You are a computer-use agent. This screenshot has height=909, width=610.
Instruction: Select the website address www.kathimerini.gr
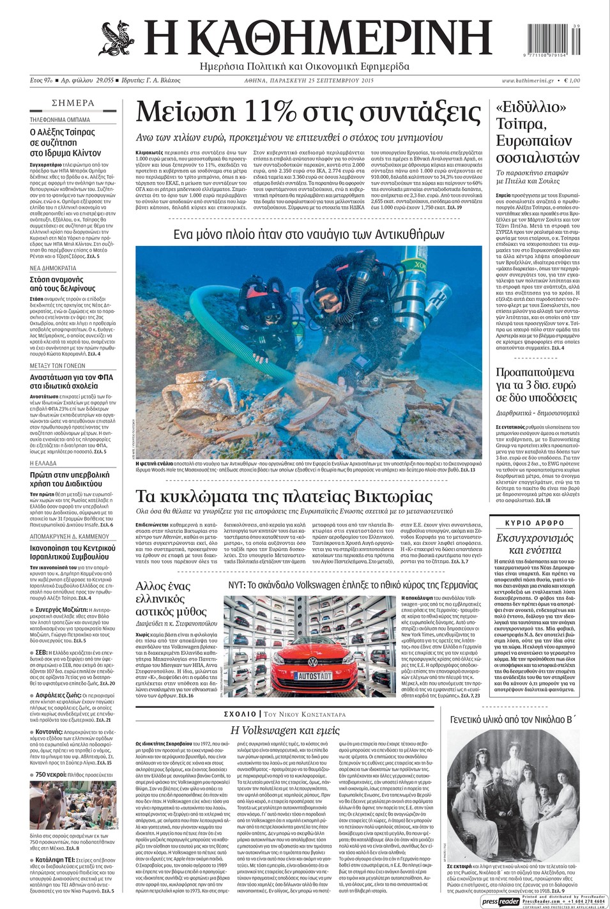pyautogui.click(x=528, y=81)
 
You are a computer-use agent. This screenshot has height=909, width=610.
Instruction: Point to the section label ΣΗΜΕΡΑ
pyautogui.click(x=73, y=103)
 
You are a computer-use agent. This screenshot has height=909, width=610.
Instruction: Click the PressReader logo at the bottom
pyautogui.click(x=501, y=901)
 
